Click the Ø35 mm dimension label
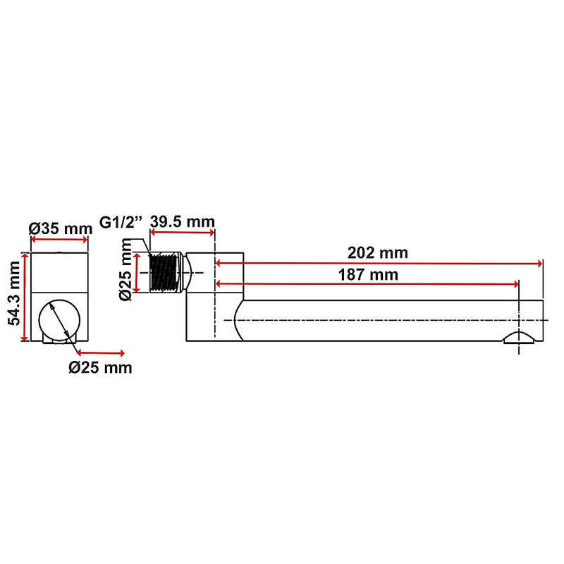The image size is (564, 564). (x=60, y=228)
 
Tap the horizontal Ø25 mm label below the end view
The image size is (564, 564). (x=99, y=367)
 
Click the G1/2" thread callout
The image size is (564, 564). (x=121, y=222)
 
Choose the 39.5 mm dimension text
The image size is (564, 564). (x=182, y=222)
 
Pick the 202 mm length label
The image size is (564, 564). (x=377, y=252)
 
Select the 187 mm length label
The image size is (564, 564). (x=367, y=274)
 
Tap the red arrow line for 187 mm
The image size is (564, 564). (x=367, y=284)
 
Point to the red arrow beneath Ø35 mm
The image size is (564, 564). (x=59, y=240)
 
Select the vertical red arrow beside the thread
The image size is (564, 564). (x=139, y=272)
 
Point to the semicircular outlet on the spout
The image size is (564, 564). (x=519, y=337)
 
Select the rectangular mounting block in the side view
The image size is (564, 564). (x=214, y=296)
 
